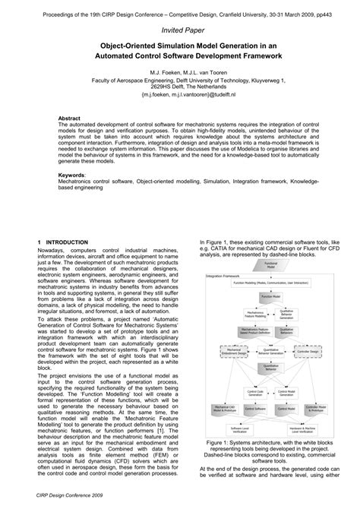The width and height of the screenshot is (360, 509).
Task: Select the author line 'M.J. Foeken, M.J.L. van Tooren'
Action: point(180,70)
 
